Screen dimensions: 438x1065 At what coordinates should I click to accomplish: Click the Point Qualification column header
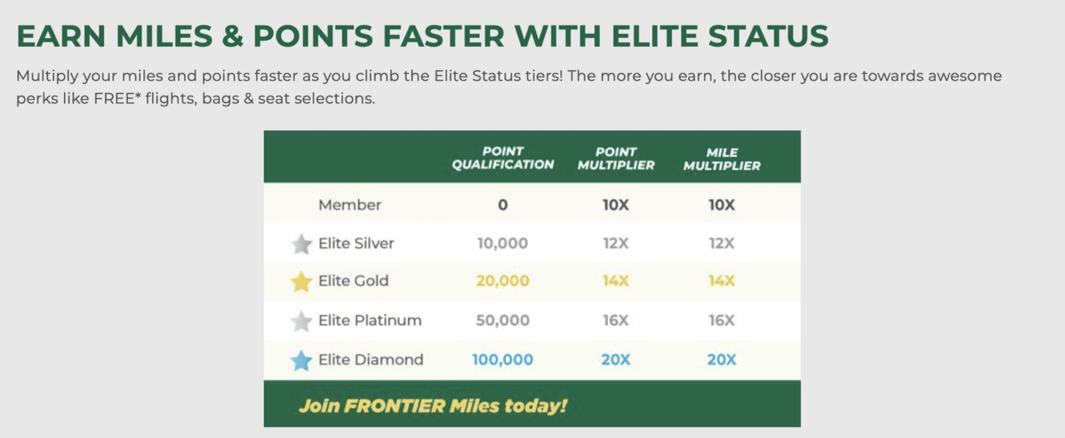502,158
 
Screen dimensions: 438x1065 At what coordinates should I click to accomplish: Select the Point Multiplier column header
616,159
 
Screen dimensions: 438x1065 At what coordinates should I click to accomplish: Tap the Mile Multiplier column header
722,159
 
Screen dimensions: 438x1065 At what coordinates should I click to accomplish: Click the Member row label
350,205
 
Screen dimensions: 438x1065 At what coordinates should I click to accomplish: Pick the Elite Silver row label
356,243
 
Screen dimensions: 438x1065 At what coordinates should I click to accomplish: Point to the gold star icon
301,281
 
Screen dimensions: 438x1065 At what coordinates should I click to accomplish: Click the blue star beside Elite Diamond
301,360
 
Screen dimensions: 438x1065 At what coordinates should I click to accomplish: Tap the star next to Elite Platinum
301,321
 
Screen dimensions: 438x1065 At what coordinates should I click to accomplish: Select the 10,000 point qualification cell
502,243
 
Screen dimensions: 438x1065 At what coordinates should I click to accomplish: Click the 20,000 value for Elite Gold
502,281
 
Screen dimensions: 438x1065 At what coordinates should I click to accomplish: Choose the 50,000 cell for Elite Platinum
502,320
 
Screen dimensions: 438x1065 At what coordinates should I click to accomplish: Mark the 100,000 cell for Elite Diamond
502,360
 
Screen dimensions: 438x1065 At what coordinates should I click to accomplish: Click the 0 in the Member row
502,205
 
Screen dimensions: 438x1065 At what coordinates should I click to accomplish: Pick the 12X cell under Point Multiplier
616,243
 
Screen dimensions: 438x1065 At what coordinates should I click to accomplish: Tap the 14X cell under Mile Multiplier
721,281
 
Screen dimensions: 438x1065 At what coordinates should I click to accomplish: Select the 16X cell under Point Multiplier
616,320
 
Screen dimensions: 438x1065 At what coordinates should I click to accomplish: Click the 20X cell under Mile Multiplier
721,360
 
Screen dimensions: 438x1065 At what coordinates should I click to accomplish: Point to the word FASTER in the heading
444,36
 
